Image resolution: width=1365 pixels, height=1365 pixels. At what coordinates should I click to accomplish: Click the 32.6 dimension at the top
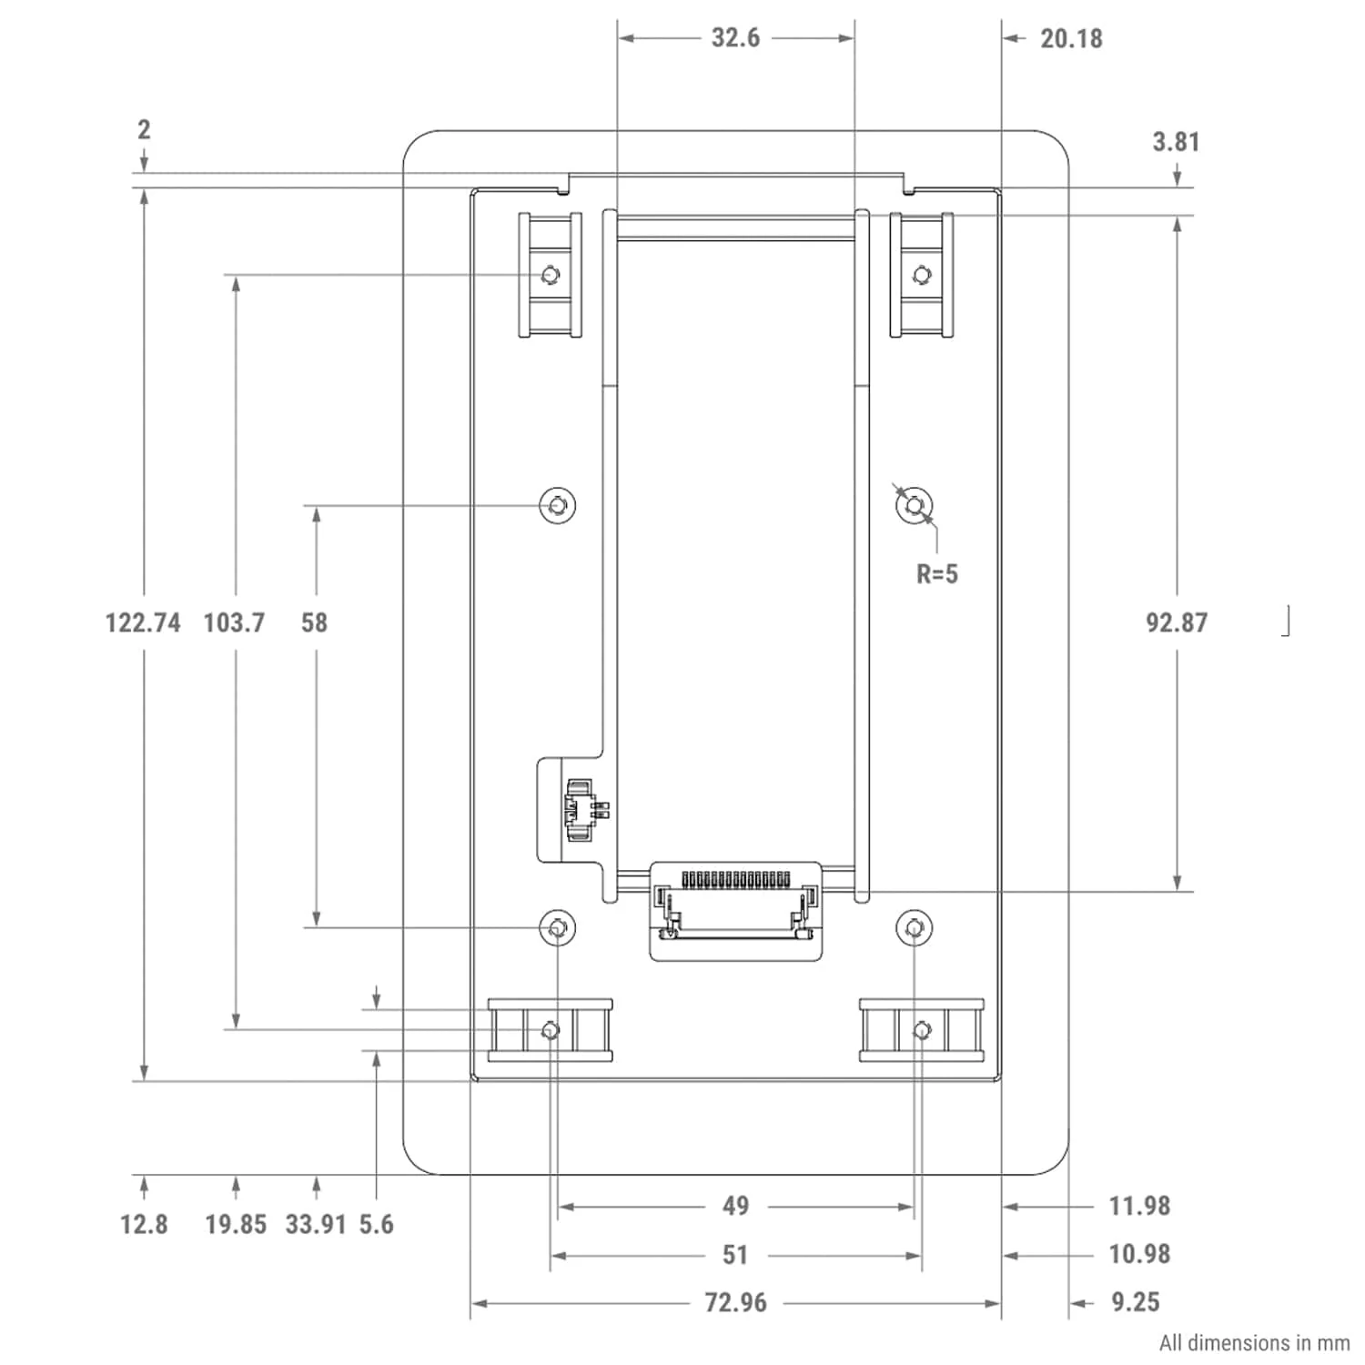[x=735, y=38]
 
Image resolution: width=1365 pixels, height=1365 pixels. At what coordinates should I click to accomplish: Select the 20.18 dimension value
[x=1071, y=39]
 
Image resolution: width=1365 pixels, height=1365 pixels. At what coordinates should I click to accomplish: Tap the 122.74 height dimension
[x=143, y=623]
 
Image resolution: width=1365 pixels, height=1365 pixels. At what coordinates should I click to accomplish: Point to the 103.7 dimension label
[x=234, y=623]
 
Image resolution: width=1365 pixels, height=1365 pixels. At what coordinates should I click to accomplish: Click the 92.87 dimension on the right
[x=1177, y=623]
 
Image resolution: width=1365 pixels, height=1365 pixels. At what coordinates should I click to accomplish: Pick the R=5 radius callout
[x=936, y=574]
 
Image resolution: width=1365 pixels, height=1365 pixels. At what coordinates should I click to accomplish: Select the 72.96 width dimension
[x=735, y=1303]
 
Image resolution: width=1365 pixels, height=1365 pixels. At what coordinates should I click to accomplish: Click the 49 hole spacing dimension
[x=735, y=1207]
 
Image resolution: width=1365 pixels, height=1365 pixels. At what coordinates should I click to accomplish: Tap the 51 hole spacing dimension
[x=735, y=1255]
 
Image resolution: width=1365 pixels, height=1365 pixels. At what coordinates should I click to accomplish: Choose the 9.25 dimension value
[x=1136, y=1303]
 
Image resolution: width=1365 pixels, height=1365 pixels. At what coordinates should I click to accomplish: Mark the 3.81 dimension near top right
[x=1176, y=142]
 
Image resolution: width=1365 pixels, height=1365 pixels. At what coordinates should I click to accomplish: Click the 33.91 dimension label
[x=316, y=1225]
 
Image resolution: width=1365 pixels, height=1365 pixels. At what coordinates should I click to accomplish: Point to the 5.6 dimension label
[x=376, y=1225]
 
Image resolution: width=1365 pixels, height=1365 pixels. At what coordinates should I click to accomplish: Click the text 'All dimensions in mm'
[x=1254, y=1343]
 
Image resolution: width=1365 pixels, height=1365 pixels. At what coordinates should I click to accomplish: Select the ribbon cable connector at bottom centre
[x=735, y=910]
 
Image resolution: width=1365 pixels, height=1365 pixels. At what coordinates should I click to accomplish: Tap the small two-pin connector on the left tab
[x=582, y=804]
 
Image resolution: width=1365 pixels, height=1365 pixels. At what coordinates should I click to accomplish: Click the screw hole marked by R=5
[x=915, y=504]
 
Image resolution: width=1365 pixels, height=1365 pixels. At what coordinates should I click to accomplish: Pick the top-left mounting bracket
[x=550, y=275]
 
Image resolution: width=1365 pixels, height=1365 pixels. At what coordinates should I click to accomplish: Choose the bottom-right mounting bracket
[x=922, y=1030]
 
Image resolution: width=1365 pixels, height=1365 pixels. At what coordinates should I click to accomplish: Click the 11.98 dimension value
[x=1138, y=1207]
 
